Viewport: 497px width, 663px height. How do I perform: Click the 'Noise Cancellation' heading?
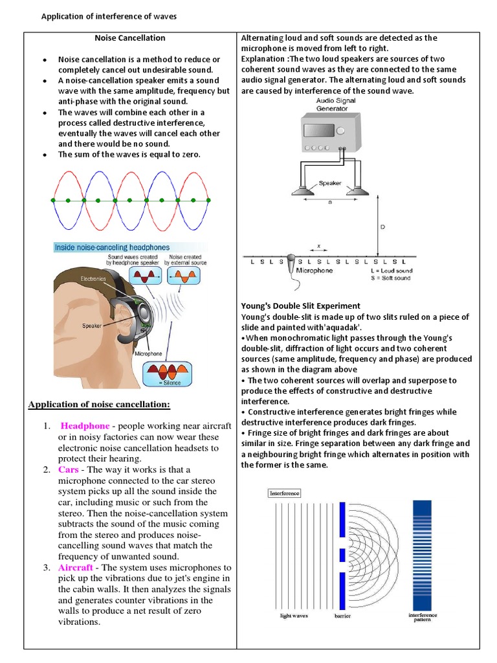[x=130, y=38]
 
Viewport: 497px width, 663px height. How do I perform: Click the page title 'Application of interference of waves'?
[x=109, y=16]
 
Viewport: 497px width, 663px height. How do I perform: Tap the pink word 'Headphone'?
[x=85, y=425]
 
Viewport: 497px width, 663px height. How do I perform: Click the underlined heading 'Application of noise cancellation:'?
[x=99, y=405]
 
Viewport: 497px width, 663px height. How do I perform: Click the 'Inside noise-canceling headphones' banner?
[x=112, y=247]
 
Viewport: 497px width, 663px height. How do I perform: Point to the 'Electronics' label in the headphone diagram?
[x=92, y=278]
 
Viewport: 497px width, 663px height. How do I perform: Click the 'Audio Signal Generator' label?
[x=335, y=105]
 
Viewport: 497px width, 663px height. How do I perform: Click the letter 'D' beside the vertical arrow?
[x=382, y=227]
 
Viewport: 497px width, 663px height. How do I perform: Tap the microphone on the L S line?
[x=292, y=264]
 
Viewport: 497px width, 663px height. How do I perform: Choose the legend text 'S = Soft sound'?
[x=392, y=278]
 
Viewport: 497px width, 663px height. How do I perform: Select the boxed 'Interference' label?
[x=284, y=493]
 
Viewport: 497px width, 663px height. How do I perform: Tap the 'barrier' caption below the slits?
[x=342, y=616]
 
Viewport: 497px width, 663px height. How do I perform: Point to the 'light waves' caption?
[x=294, y=616]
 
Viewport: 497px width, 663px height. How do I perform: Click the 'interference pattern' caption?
[x=423, y=617]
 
